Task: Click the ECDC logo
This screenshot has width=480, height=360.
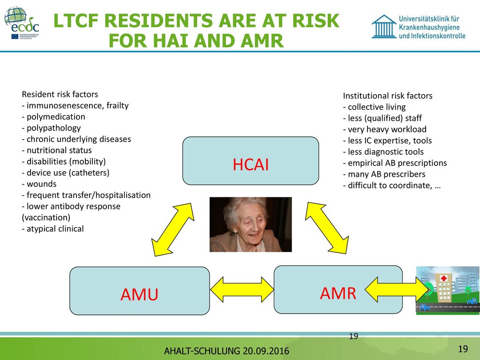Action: pos(22,23)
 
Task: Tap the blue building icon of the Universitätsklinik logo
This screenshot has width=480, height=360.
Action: pos(384,27)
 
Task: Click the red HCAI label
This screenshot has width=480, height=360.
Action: pos(251,165)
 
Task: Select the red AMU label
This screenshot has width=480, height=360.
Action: pos(139,294)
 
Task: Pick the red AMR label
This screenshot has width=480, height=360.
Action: pos(338,293)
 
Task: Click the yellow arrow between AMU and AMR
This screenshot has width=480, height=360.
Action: pos(242,290)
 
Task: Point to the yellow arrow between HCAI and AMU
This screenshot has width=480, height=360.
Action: pos(173,230)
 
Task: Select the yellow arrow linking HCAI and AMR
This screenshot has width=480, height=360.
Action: pos(327,228)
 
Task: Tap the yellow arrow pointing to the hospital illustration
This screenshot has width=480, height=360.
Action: pos(397,290)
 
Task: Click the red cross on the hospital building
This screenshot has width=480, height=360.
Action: pos(443,278)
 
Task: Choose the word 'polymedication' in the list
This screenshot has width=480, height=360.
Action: pos(56,117)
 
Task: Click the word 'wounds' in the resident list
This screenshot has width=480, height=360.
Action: pos(42,184)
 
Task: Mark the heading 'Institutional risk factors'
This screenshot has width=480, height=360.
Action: pos(388,96)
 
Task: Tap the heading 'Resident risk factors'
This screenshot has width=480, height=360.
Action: pos(60,94)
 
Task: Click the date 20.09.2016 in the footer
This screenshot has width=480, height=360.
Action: pos(266,351)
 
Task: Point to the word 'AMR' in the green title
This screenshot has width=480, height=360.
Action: pos(262,41)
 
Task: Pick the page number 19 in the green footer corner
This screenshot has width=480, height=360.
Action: pos(463,349)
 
